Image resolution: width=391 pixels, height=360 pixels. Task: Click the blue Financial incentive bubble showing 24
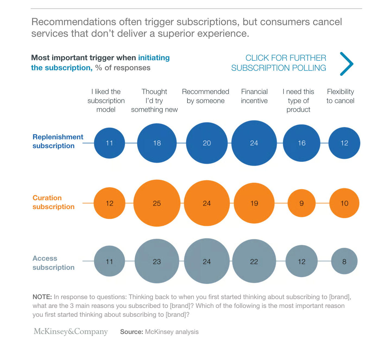(254, 143)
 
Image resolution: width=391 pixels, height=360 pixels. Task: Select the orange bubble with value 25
(157, 203)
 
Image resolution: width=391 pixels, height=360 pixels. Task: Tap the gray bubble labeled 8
(344, 261)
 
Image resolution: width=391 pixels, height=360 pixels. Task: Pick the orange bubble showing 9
(301, 203)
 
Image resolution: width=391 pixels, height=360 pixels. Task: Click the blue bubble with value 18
(157, 143)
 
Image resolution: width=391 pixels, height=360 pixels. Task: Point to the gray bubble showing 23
(157, 261)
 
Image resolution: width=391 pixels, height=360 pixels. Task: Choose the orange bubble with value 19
(254, 203)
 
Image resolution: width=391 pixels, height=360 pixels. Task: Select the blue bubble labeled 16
(301, 143)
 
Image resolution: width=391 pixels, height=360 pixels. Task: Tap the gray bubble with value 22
(254, 261)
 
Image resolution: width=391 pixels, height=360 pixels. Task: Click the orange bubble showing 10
(344, 203)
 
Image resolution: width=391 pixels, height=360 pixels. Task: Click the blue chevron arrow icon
(347, 64)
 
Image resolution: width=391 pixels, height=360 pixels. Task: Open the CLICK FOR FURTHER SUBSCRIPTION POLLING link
(279, 63)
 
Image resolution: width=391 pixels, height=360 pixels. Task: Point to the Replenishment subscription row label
(58, 141)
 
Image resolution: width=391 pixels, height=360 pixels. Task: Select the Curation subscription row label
(53, 202)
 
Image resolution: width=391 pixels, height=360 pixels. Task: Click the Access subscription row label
(53, 263)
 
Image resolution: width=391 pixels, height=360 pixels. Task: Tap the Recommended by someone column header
(206, 96)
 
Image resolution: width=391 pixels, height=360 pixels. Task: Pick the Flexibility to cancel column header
(340, 96)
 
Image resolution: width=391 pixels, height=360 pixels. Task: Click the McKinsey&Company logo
(71, 332)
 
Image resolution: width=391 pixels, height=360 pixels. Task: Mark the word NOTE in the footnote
(42, 297)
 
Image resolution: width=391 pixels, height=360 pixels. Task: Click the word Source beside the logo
(131, 332)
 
